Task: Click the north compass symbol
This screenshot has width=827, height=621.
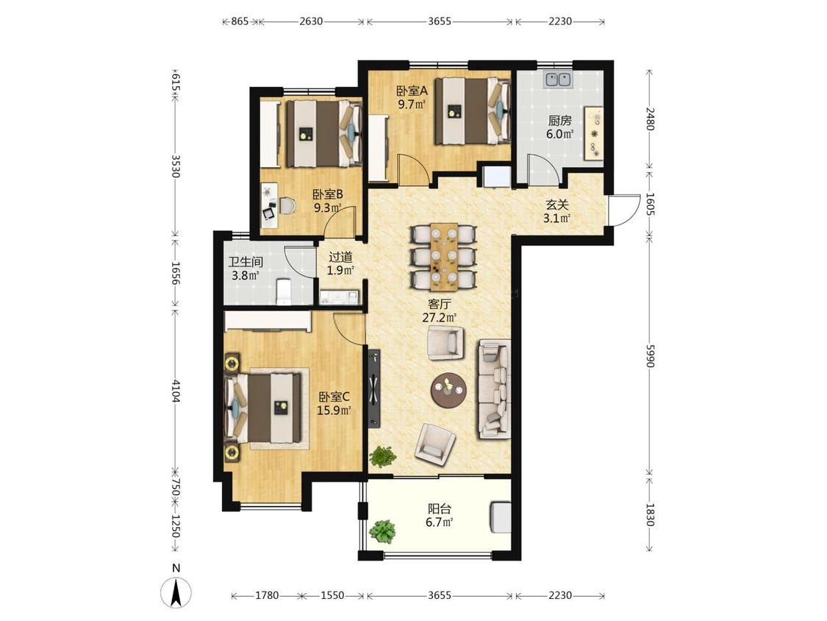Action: click(176, 590)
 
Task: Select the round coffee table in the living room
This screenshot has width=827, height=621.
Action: click(449, 390)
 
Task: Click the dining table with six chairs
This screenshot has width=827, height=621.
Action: click(443, 258)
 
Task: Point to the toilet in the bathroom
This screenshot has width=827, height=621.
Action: click(284, 291)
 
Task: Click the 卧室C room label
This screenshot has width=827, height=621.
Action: click(334, 396)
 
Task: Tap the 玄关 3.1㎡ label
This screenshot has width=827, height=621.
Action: click(557, 210)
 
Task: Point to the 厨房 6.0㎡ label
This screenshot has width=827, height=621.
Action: click(559, 127)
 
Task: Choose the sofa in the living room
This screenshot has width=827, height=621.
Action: click(494, 389)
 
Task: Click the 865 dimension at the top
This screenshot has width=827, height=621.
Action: click(240, 21)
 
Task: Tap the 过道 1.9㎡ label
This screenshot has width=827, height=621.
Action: click(340, 263)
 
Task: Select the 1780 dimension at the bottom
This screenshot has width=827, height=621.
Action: click(267, 595)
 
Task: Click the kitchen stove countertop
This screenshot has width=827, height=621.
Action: click(595, 133)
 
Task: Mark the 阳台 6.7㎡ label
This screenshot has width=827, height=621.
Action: click(440, 516)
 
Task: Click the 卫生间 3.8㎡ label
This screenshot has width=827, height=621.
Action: click(246, 269)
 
